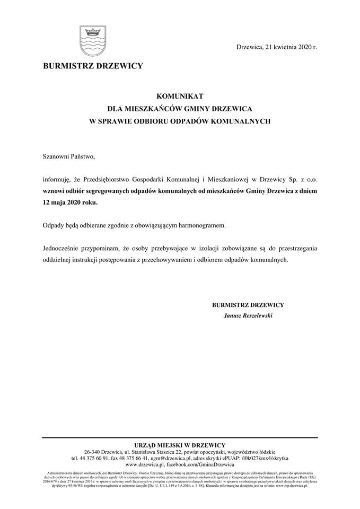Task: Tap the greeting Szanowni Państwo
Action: (68, 156)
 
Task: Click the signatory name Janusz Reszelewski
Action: (248, 316)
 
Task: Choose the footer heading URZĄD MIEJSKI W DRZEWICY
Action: (180, 445)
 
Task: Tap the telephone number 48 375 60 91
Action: (94, 458)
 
